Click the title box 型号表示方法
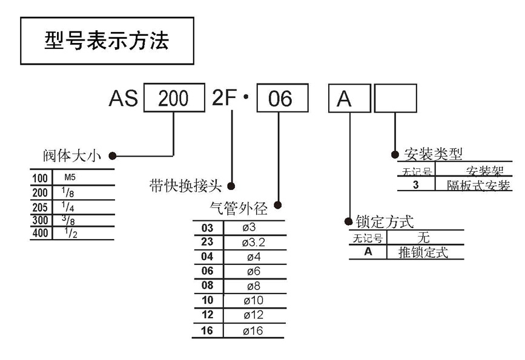click(x=107, y=41)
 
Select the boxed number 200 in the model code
click(x=173, y=99)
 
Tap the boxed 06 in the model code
click(x=280, y=99)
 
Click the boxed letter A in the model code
click(x=345, y=99)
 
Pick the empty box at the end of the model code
click(x=395, y=98)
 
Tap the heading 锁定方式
click(x=385, y=221)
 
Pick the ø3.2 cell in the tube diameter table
click(x=254, y=243)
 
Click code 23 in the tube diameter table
click(x=207, y=243)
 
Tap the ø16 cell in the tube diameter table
click(x=254, y=330)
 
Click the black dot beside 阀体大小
click(x=113, y=155)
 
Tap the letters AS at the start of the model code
click(x=123, y=99)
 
